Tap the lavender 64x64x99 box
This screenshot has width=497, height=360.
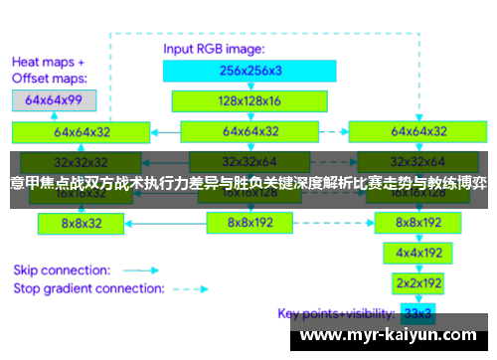click(55, 100)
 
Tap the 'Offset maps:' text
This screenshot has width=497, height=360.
click(49, 77)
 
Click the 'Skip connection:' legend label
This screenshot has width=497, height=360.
click(61, 269)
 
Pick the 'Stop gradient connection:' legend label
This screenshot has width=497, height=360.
click(85, 288)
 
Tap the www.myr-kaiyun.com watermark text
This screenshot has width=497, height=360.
click(394, 336)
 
